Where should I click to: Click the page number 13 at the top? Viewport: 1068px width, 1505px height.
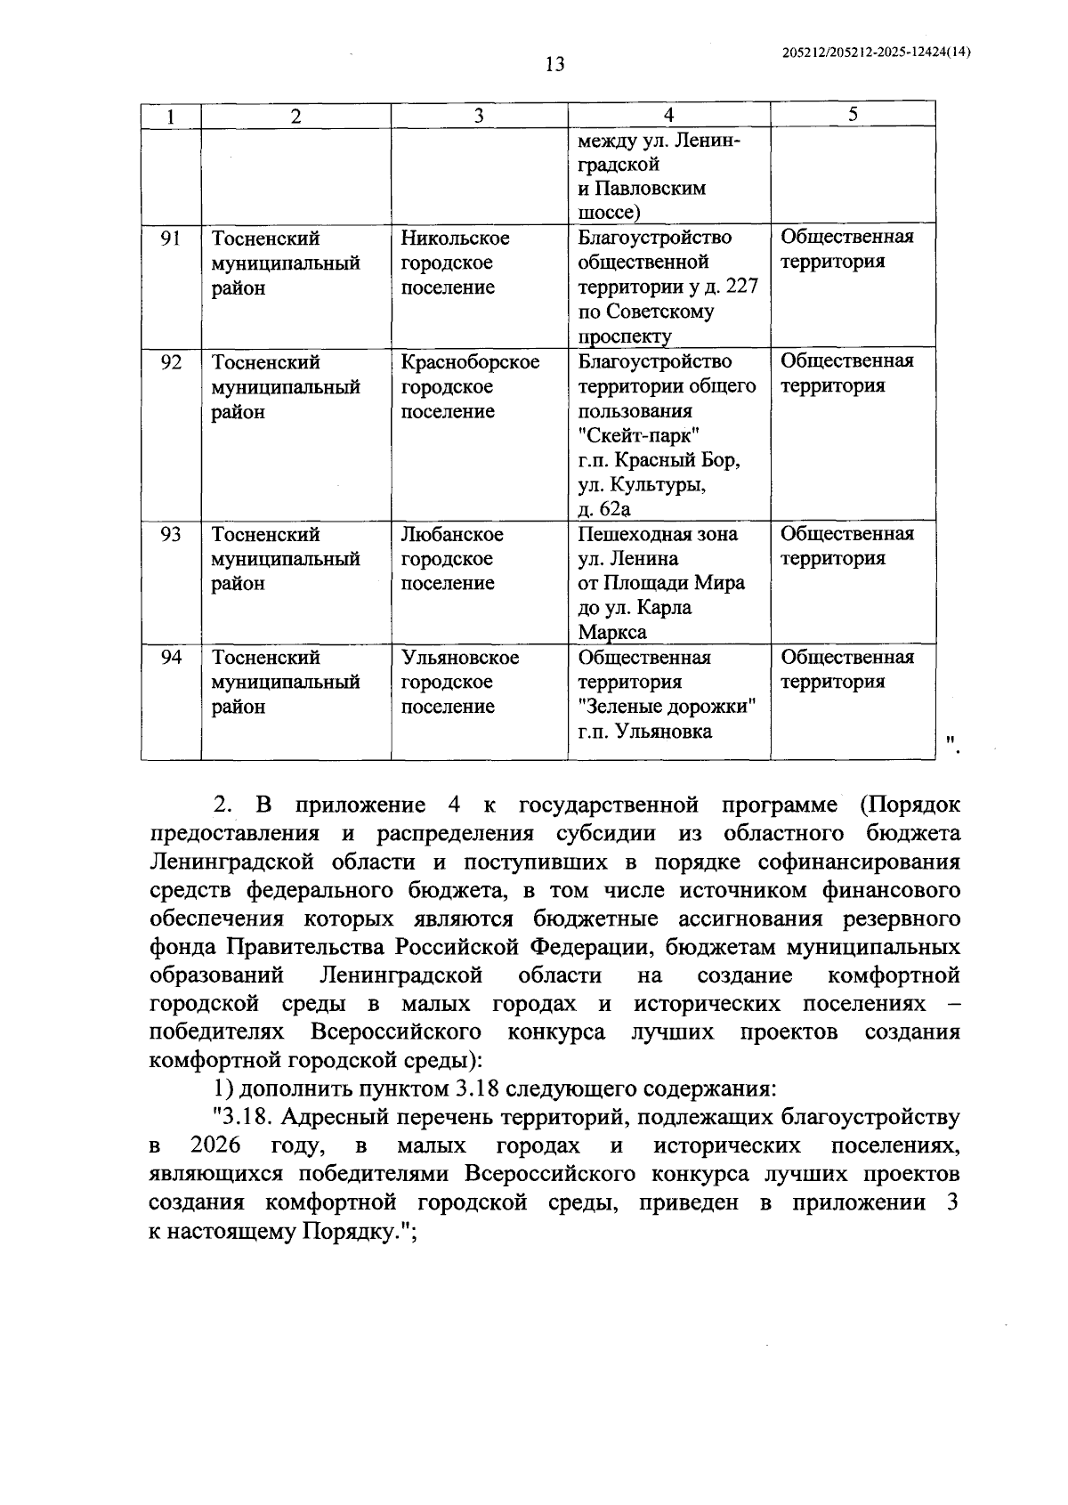(554, 65)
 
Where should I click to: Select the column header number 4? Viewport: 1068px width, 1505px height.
(668, 115)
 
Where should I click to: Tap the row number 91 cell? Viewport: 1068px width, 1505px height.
(171, 239)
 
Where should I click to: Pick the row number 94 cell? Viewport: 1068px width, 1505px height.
(171, 658)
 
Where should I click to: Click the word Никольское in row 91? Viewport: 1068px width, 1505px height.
(455, 239)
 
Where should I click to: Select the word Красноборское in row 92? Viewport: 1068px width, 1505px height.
(470, 362)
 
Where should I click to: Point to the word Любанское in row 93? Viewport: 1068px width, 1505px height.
(451, 534)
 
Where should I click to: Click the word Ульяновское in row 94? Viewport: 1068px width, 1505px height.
(459, 658)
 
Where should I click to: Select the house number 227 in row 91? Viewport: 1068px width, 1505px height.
(741, 287)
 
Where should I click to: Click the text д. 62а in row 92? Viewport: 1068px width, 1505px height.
(603, 509)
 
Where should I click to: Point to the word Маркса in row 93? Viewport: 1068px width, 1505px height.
(612, 633)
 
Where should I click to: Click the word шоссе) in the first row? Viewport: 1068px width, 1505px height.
(609, 213)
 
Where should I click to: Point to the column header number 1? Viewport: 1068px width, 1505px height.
(171, 116)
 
